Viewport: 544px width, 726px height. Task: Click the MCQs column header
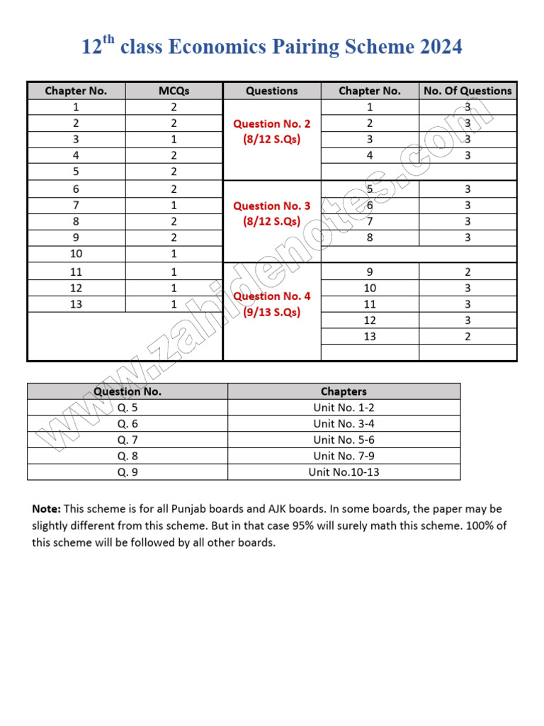pyautogui.click(x=174, y=91)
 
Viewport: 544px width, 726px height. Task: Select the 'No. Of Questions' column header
pyautogui.click(x=467, y=91)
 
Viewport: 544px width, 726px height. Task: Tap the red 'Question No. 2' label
pyautogui.click(x=272, y=123)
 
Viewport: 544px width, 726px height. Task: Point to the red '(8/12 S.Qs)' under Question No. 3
pyautogui.click(x=272, y=221)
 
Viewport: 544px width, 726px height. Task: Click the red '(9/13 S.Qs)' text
pyautogui.click(x=272, y=312)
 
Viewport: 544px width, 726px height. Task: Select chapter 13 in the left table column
pyautogui.click(x=76, y=304)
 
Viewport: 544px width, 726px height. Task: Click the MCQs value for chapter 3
pyautogui.click(x=174, y=140)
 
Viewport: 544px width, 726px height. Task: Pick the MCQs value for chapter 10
pyautogui.click(x=174, y=254)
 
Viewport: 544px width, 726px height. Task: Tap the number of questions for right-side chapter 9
pyautogui.click(x=467, y=272)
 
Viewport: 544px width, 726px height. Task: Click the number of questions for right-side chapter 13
pyautogui.click(x=467, y=337)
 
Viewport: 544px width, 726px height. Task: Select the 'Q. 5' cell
pyautogui.click(x=127, y=407)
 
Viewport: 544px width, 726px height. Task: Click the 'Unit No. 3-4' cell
pyautogui.click(x=344, y=423)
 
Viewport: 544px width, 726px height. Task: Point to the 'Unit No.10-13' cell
pyautogui.click(x=344, y=472)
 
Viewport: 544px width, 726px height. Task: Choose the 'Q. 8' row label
pyautogui.click(x=127, y=456)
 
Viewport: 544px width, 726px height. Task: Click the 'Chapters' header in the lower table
pyautogui.click(x=344, y=391)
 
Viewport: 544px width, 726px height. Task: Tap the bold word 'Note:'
pyautogui.click(x=47, y=509)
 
